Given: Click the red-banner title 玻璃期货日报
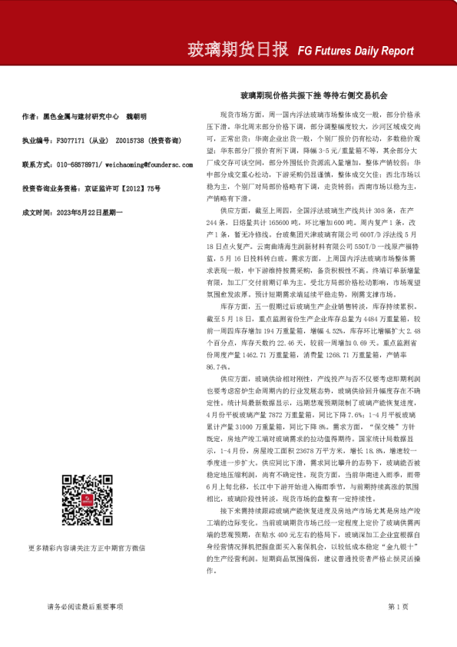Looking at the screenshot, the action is click(x=240, y=51).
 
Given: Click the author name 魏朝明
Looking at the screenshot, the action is click(x=137, y=117).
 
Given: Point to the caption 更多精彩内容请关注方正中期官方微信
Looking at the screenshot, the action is click(x=87, y=548).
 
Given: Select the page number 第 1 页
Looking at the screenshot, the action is click(x=398, y=606).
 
